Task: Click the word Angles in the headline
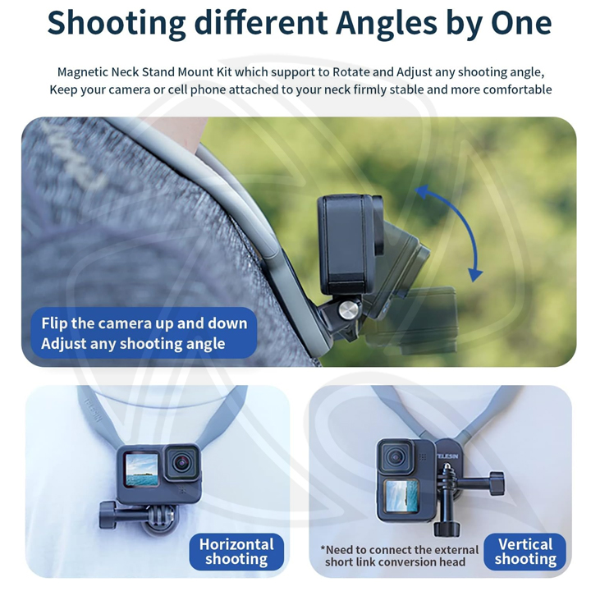coord(387,23)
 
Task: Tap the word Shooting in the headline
coord(117,23)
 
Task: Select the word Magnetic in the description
coord(83,72)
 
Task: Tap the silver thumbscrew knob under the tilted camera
coord(349,309)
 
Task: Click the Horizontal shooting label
coord(236,552)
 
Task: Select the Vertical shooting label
coord(525,552)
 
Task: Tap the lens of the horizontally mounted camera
coord(182,463)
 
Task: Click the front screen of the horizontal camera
coord(141,470)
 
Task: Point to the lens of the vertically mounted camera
coord(396,458)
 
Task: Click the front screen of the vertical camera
coord(401,496)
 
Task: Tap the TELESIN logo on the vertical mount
coord(448,456)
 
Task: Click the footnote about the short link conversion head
coord(400,556)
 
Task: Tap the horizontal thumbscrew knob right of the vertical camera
coord(496,483)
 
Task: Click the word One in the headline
coord(521,23)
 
